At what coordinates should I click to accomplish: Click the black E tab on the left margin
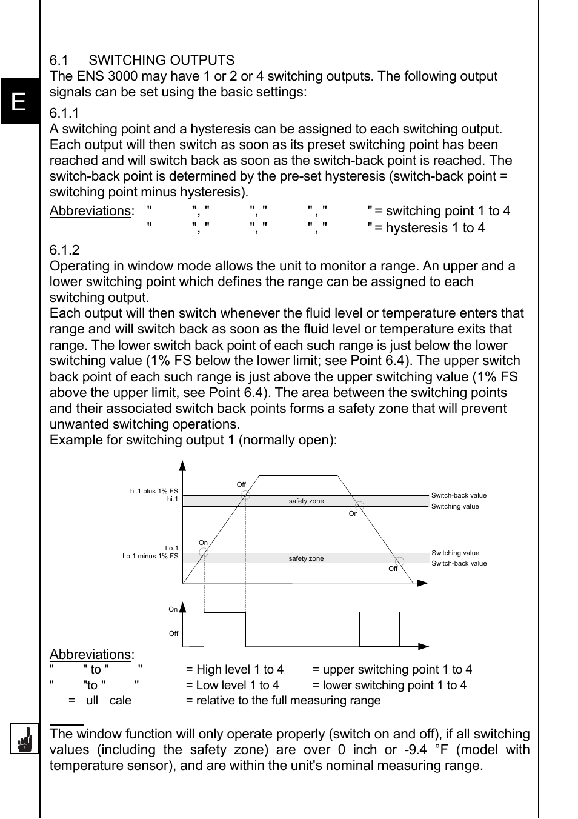19,101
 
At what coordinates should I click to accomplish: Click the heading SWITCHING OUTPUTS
161,61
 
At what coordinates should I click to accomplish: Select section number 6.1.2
64,250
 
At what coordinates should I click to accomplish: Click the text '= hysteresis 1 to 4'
430,228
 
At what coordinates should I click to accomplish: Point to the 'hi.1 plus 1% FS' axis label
154,491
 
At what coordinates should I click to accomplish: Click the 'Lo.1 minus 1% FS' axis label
150,556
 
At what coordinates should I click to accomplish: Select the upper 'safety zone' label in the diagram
306,501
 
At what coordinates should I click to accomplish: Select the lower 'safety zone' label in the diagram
306,558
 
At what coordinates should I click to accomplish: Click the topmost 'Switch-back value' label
459,495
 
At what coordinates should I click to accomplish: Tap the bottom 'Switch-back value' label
459,563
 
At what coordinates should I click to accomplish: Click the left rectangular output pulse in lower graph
225,629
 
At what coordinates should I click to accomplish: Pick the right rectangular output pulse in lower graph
379,629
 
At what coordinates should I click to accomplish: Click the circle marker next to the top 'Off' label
245,495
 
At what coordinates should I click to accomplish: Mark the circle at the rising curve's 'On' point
204,552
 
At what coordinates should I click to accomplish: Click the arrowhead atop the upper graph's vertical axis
182,466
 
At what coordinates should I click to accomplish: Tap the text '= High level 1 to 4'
234,669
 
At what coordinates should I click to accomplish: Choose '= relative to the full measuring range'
283,700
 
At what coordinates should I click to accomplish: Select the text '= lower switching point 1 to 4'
390,685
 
